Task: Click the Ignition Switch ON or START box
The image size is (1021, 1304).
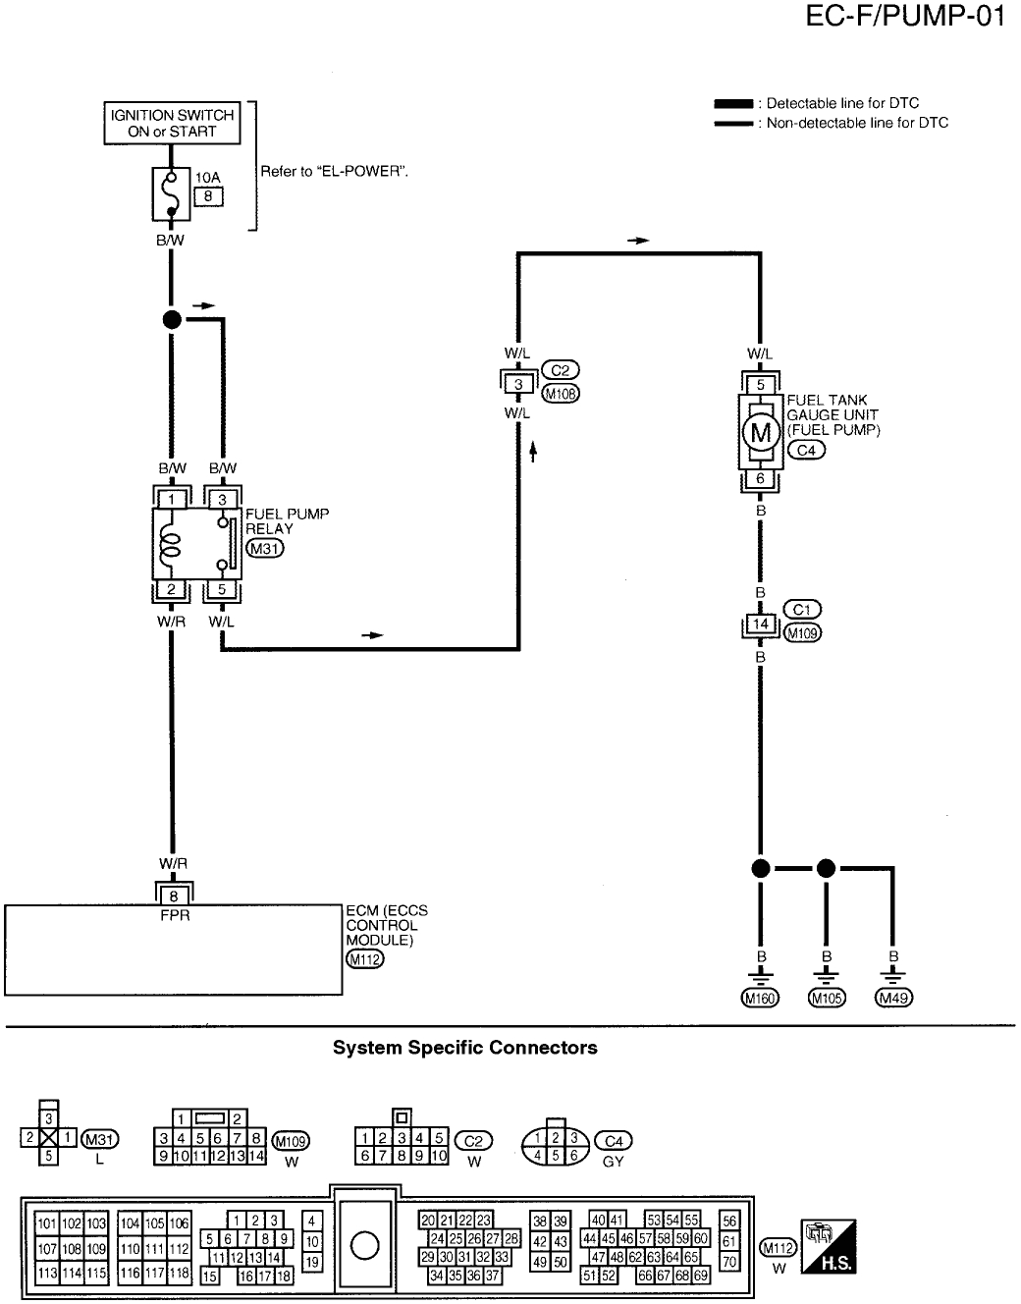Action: (x=172, y=123)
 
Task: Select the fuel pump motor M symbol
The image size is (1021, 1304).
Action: (x=760, y=431)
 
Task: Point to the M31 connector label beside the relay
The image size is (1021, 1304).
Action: (x=264, y=549)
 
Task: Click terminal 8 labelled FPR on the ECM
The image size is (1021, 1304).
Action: (x=174, y=895)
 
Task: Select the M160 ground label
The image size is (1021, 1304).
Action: (x=759, y=999)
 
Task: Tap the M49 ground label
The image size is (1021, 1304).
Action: (x=892, y=999)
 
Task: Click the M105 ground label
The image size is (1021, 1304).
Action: (x=826, y=999)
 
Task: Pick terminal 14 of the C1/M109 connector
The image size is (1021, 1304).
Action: (x=760, y=625)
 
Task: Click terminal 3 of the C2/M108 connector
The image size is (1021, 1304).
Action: (x=518, y=384)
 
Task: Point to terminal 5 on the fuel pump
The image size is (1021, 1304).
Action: (x=760, y=385)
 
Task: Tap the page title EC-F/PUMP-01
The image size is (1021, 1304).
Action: (x=904, y=18)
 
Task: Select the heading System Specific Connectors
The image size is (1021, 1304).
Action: (x=464, y=1048)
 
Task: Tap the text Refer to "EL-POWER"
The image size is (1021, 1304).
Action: (x=334, y=171)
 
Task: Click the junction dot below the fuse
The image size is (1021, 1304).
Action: (x=171, y=319)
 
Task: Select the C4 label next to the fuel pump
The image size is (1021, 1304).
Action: (x=807, y=450)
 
